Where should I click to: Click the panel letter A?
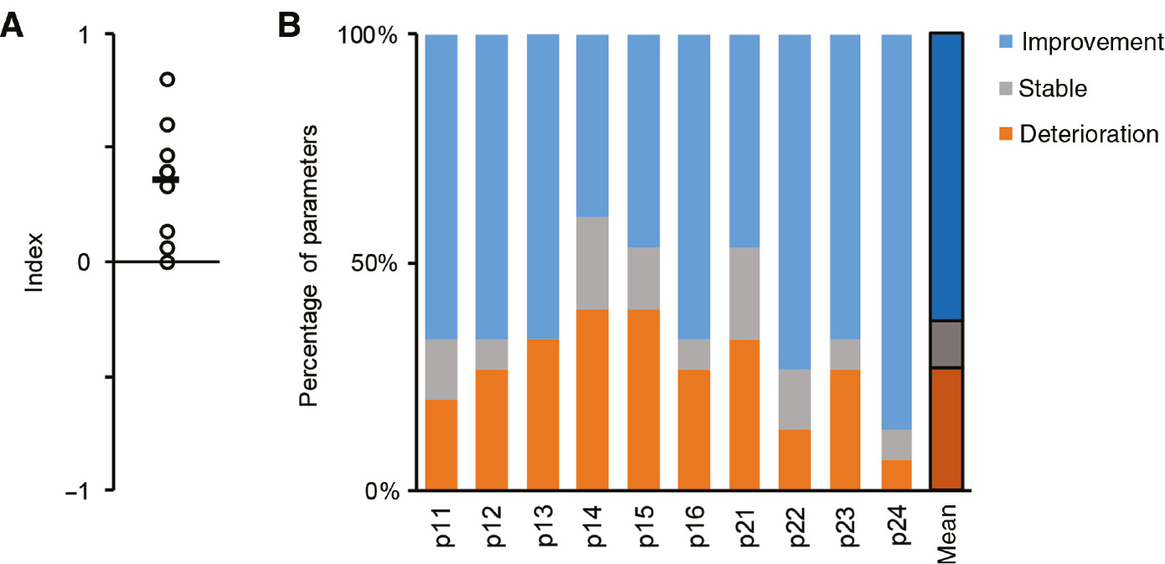tap(12, 27)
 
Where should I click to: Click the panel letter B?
tap(290, 27)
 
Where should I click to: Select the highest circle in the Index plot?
tap(168, 80)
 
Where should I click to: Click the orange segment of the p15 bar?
tap(643, 400)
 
